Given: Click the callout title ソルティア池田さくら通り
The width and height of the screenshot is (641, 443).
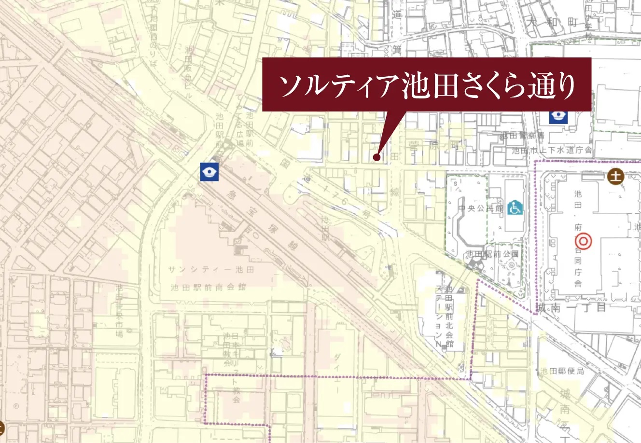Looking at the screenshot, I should coord(427,85).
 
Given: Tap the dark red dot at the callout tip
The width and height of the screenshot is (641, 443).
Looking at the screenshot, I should coord(376,157).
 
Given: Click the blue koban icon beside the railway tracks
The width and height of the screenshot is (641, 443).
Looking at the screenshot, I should coord(209,171).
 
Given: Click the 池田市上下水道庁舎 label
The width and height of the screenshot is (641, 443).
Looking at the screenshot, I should coord(552,151).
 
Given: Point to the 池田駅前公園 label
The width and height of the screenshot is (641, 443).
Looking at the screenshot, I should coord(492,254).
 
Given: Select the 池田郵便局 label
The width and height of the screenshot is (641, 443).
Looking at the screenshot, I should coord(562,371).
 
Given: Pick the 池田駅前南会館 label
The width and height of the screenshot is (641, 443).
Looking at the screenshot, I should coord(208,287).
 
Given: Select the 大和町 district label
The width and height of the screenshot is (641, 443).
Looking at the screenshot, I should coord(550,22).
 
